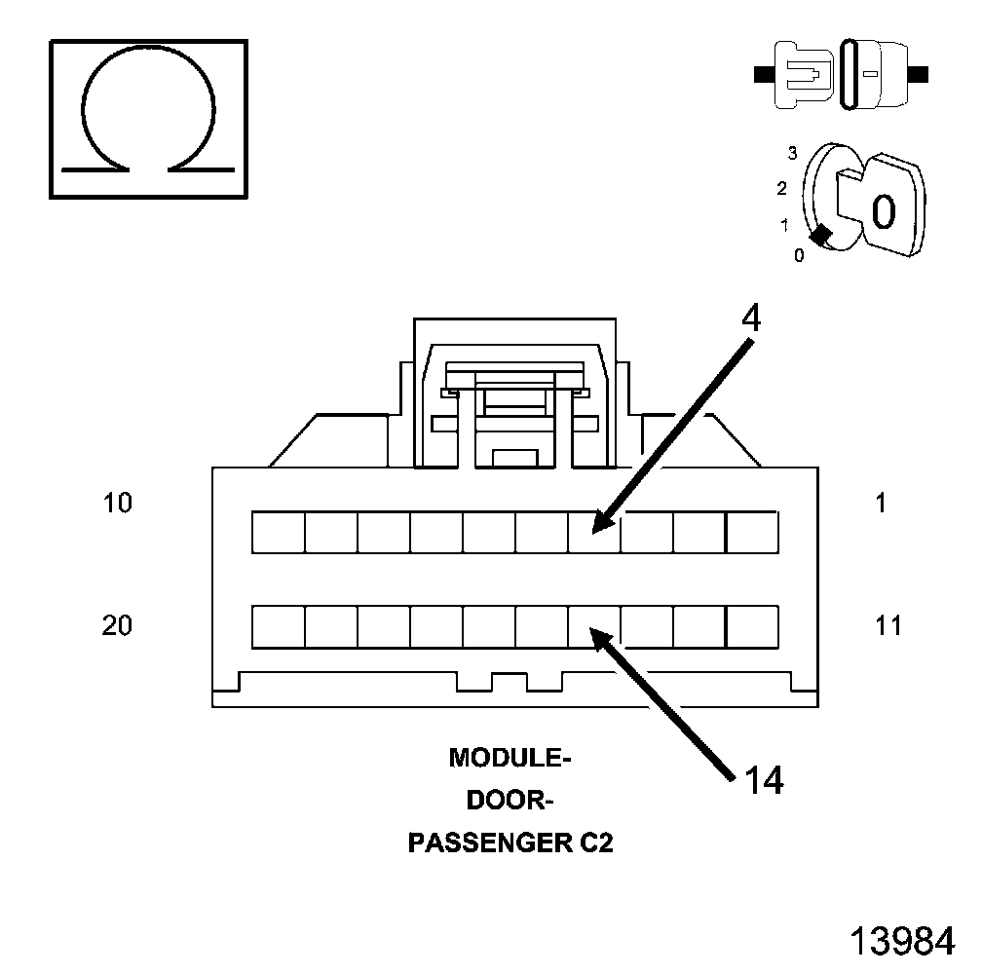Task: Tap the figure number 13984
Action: pyautogui.click(x=901, y=941)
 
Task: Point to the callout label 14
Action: pyautogui.click(x=763, y=779)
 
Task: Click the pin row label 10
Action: pyautogui.click(x=117, y=504)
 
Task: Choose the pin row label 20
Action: pyautogui.click(x=117, y=625)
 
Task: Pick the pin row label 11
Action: pyautogui.click(x=888, y=625)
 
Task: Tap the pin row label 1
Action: pyautogui.click(x=881, y=504)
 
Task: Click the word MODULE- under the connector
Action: pyautogui.click(x=508, y=758)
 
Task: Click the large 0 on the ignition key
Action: pyautogui.click(x=883, y=210)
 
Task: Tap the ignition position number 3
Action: pyautogui.click(x=793, y=152)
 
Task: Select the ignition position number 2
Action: pyautogui.click(x=781, y=188)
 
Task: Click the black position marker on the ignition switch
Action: pyautogui.click(x=821, y=234)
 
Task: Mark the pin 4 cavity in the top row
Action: pyautogui.click(x=594, y=532)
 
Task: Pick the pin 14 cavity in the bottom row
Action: pyautogui.click(x=594, y=626)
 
